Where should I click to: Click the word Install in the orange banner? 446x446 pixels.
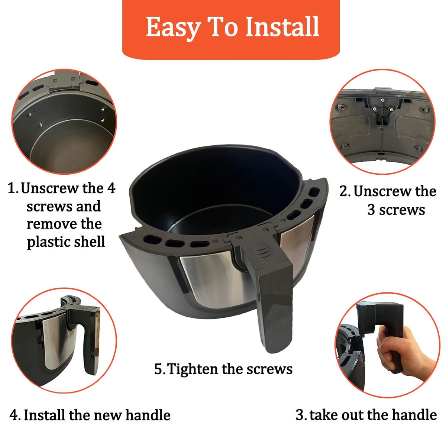click(282, 27)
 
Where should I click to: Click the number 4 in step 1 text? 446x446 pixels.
click(111, 188)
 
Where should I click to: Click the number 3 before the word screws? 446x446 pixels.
click(371, 210)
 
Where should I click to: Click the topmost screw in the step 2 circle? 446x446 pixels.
click(383, 100)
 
